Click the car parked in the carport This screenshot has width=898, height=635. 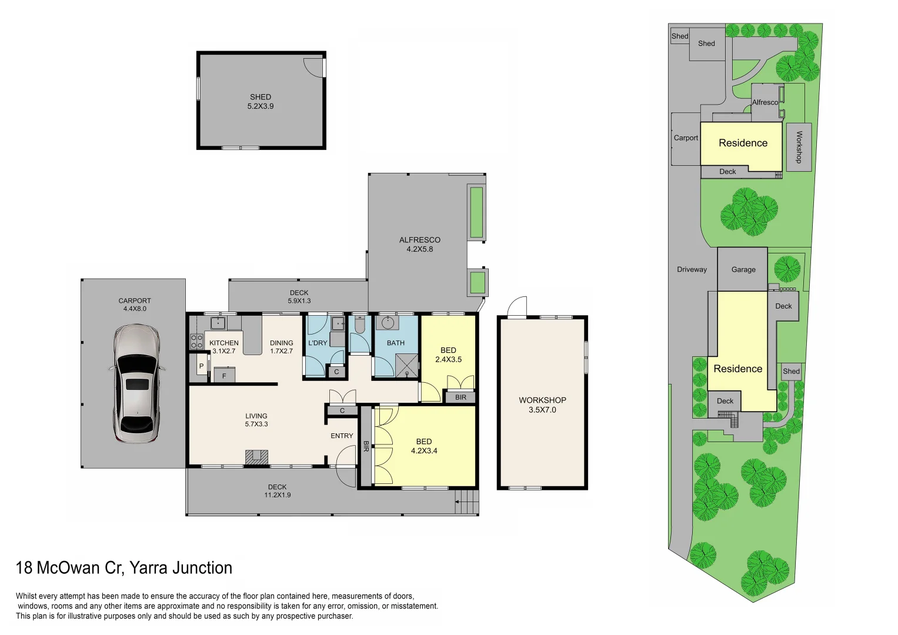click(136, 384)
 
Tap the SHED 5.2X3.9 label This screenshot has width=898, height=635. click(261, 102)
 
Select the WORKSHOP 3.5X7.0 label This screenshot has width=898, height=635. click(542, 405)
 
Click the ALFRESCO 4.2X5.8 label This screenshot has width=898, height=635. click(420, 245)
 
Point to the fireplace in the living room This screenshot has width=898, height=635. click(256, 457)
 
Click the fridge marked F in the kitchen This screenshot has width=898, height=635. click(224, 376)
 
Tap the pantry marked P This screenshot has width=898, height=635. click(201, 366)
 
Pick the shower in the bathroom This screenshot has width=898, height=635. click(407, 366)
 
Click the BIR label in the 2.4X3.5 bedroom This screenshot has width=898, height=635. click(460, 397)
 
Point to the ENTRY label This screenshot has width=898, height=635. click(342, 436)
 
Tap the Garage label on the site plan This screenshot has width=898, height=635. click(743, 270)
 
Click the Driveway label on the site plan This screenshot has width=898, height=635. click(692, 269)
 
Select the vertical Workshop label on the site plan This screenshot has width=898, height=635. click(799, 147)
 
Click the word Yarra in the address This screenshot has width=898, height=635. click(149, 568)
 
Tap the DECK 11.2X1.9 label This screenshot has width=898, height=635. click(278, 491)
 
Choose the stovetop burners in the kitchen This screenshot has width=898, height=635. click(196, 342)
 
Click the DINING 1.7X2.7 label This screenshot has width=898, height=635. click(282, 347)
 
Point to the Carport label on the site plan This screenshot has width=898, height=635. click(686, 138)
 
